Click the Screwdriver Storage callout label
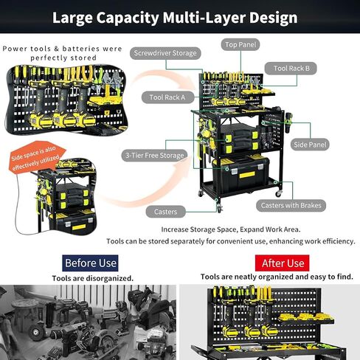coord(165,53)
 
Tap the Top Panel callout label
coord(240,45)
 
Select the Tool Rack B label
coord(291,68)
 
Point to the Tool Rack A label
coord(167,97)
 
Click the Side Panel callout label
coord(310,145)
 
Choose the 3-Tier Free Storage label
coord(155,156)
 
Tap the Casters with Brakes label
coord(291,205)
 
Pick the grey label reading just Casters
coord(165,212)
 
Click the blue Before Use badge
coord(90,263)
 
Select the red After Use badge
coord(283,263)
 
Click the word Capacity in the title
coord(128,18)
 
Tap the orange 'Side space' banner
coord(36,156)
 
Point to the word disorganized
coord(110,278)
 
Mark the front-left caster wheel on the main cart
coord(219,209)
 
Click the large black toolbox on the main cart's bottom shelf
coord(240,174)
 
